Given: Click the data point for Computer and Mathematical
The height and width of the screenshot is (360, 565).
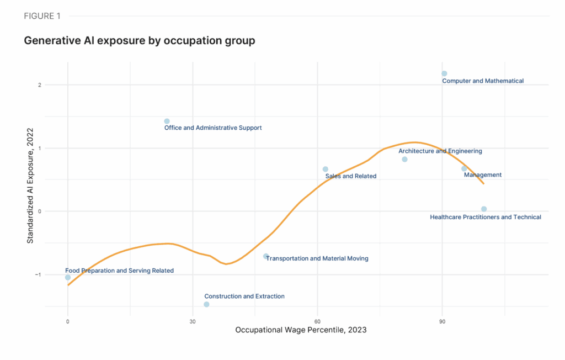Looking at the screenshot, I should coord(444,73).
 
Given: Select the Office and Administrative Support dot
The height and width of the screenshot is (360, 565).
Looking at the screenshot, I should coord(167,121).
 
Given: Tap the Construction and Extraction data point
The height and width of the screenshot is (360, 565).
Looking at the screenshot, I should coord(206,304).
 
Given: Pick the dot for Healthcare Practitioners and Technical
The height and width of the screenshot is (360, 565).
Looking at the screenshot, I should coord(484,209).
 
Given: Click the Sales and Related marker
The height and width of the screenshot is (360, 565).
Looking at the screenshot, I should coord(325,169).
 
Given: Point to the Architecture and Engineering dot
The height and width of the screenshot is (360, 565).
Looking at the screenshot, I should coord(404,159).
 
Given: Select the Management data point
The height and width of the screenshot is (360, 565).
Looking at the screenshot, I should coord(464,168).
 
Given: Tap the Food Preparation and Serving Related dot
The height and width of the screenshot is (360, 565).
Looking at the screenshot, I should coord(68,277).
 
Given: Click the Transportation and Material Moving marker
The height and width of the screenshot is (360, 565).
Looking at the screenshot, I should coord(266,256).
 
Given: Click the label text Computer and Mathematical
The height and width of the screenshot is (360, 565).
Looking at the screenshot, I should coord(483,81).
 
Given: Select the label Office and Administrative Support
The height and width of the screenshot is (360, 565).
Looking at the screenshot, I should coord(213,128).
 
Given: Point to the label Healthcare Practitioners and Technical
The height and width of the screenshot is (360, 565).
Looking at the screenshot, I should coord(486,218).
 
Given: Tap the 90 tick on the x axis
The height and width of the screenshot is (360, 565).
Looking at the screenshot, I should coord(442,321).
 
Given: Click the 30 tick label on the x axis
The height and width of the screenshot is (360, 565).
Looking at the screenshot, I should coord(193,321).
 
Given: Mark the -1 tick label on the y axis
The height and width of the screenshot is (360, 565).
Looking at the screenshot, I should coord(54,274).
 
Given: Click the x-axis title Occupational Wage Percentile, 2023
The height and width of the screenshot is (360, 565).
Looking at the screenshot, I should coord(301,330).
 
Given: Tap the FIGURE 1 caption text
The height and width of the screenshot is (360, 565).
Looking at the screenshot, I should coord(42,16).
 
